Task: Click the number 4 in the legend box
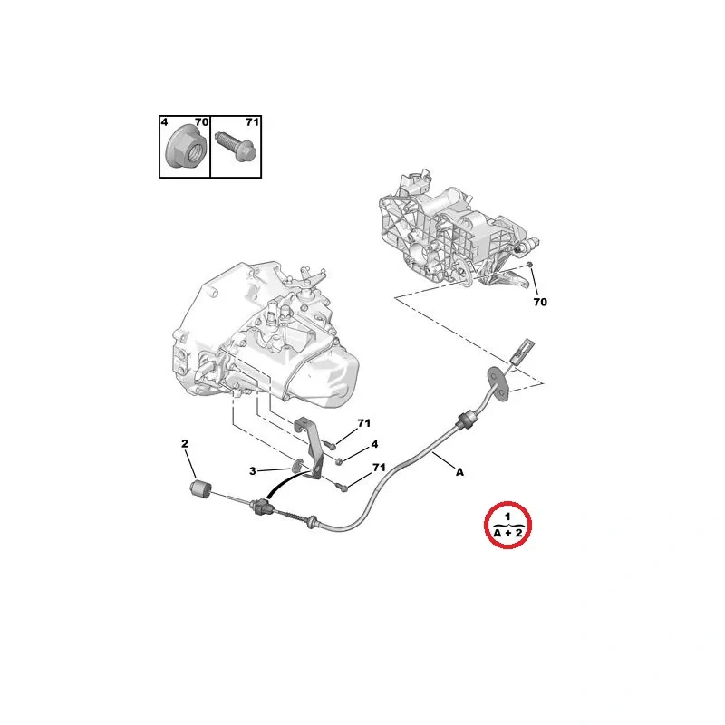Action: [164, 122]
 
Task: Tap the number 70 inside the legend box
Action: [201, 122]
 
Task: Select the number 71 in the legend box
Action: [252, 122]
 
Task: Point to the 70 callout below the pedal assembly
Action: [540, 302]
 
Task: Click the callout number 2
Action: [185, 444]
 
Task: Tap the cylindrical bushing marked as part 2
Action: [201, 491]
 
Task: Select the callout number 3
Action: [253, 471]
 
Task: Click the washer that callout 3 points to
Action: [297, 464]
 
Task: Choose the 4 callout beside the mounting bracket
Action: [374, 444]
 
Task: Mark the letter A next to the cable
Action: [459, 472]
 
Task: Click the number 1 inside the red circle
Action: [507, 517]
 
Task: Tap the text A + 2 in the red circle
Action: [507, 533]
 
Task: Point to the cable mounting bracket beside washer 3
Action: [311, 449]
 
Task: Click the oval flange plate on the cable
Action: [499, 382]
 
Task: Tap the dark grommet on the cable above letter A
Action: [465, 420]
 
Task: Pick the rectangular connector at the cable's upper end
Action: [523, 352]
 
